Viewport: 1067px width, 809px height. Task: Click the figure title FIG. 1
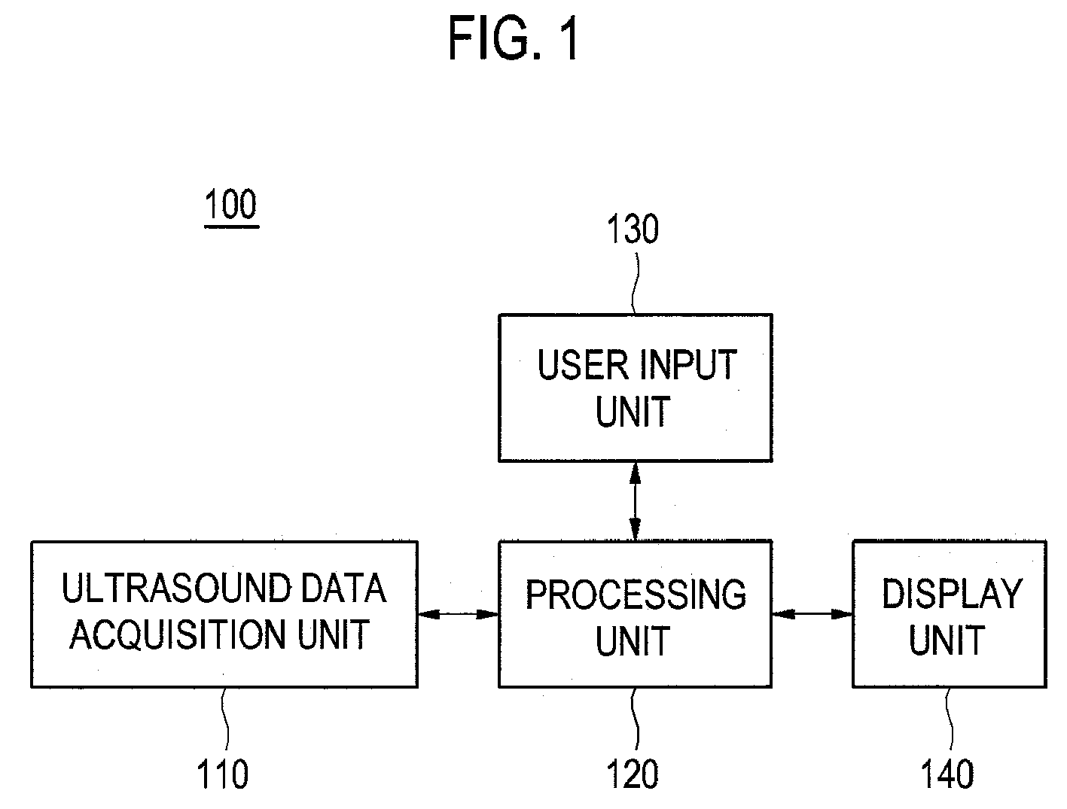coord(514,38)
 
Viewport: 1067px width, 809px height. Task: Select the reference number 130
coord(633,230)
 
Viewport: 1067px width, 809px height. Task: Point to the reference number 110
coord(223,774)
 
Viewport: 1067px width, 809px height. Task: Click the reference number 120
coord(633,774)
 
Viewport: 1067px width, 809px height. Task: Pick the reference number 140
coord(947,774)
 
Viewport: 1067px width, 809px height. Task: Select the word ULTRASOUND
coord(176,588)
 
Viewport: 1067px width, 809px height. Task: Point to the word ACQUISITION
coord(178,634)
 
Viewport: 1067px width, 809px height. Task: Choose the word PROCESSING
coord(636,595)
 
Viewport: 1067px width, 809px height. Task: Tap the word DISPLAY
coord(953,594)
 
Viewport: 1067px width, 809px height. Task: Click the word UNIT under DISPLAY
coord(947,640)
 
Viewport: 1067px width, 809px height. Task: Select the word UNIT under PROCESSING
coord(633,641)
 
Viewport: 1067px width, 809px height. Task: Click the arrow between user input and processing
coord(635,500)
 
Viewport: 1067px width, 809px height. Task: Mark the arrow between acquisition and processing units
coord(459,615)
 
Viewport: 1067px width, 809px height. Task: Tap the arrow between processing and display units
coord(812,615)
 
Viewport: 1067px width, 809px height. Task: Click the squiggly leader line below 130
coord(635,284)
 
